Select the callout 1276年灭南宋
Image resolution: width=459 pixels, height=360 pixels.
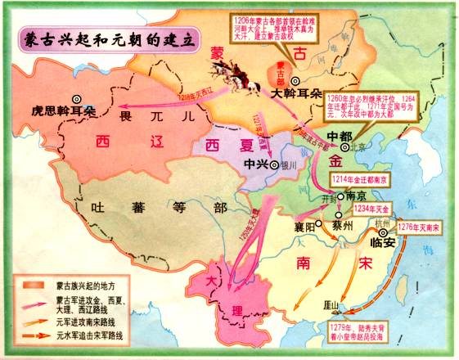(420, 225)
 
